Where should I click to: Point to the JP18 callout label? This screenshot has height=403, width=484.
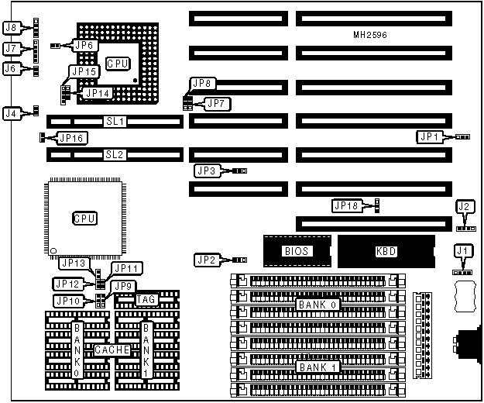pos(346,205)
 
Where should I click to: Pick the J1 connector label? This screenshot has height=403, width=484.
pos(462,250)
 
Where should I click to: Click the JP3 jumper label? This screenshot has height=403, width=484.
pos(207,170)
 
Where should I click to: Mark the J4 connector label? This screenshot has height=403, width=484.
pos(10,113)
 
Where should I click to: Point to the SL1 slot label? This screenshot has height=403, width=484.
pos(115,122)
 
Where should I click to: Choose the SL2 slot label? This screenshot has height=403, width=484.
pos(115,154)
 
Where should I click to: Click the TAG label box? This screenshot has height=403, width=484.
pos(146,299)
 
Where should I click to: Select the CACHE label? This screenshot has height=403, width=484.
pos(112,350)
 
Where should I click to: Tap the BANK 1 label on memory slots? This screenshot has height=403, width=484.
pos(318,366)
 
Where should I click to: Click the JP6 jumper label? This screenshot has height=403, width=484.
pos(84,46)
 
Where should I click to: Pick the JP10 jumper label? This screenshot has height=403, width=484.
pos(67,301)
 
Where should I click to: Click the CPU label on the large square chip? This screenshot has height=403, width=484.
pos(84,219)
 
